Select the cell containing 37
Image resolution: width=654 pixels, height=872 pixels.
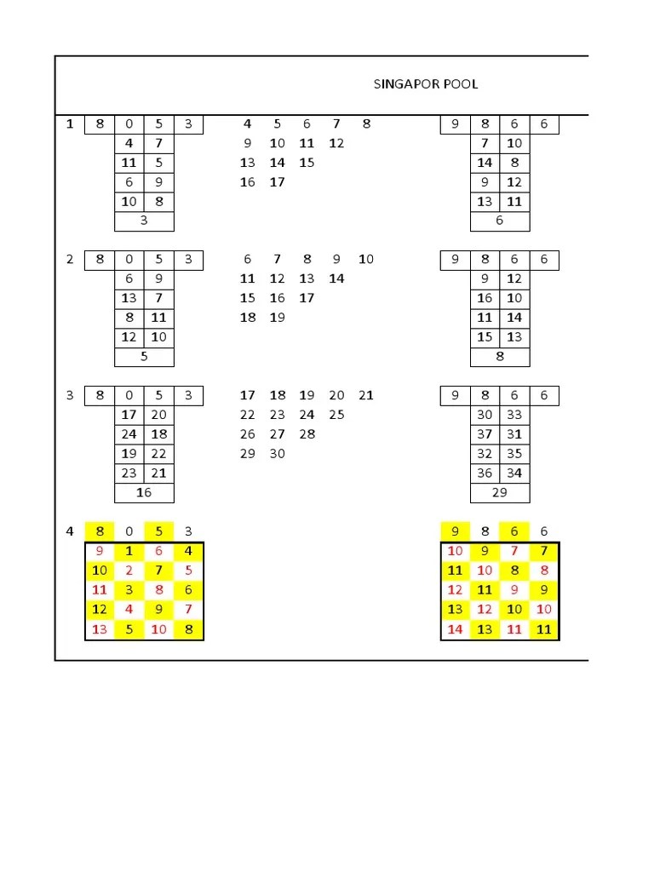(485, 434)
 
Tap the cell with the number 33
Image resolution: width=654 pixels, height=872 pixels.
(514, 415)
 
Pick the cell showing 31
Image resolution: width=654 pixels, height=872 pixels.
(514, 434)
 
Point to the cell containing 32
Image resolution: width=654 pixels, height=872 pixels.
(485, 454)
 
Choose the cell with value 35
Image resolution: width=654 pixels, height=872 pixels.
(514, 454)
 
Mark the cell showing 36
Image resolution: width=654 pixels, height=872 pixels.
(485, 473)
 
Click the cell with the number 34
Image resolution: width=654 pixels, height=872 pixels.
(514, 473)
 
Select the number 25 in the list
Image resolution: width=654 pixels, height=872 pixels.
(336, 415)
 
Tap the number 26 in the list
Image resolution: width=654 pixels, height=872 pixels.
(248, 434)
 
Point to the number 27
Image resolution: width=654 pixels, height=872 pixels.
(277, 434)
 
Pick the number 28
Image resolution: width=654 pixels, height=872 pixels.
(307, 434)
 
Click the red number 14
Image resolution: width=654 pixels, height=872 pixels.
(456, 630)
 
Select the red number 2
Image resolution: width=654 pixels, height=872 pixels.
(129, 571)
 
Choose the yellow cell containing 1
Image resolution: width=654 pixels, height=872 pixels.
(129, 551)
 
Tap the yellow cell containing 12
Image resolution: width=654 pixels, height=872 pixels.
(100, 610)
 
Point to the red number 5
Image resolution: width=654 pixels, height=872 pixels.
(188, 571)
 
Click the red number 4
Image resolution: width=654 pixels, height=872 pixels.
(129, 610)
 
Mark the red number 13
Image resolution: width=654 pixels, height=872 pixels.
(100, 630)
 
